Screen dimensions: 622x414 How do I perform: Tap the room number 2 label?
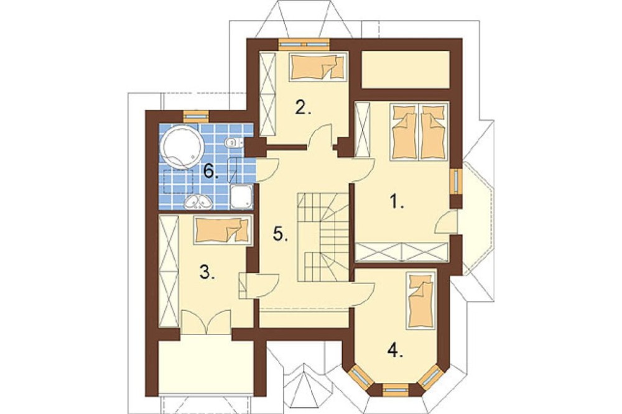[x=304, y=107]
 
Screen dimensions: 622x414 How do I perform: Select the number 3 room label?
[x=207, y=272]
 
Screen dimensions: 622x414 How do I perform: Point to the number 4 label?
[x=396, y=351]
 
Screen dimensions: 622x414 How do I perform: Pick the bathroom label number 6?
[x=211, y=172]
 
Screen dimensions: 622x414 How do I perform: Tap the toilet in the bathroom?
[x=231, y=142]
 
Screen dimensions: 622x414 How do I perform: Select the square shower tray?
[x=241, y=196]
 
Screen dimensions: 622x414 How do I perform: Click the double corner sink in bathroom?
[x=200, y=202]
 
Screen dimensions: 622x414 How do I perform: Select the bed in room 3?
[x=223, y=230]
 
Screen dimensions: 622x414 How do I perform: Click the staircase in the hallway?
[x=322, y=237]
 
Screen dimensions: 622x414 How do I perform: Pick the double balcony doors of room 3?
[x=205, y=321]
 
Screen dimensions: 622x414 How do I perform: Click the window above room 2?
[x=304, y=44]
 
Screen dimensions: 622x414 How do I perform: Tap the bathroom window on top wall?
[x=195, y=116]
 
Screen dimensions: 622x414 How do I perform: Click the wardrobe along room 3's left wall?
[x=169, y=272]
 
